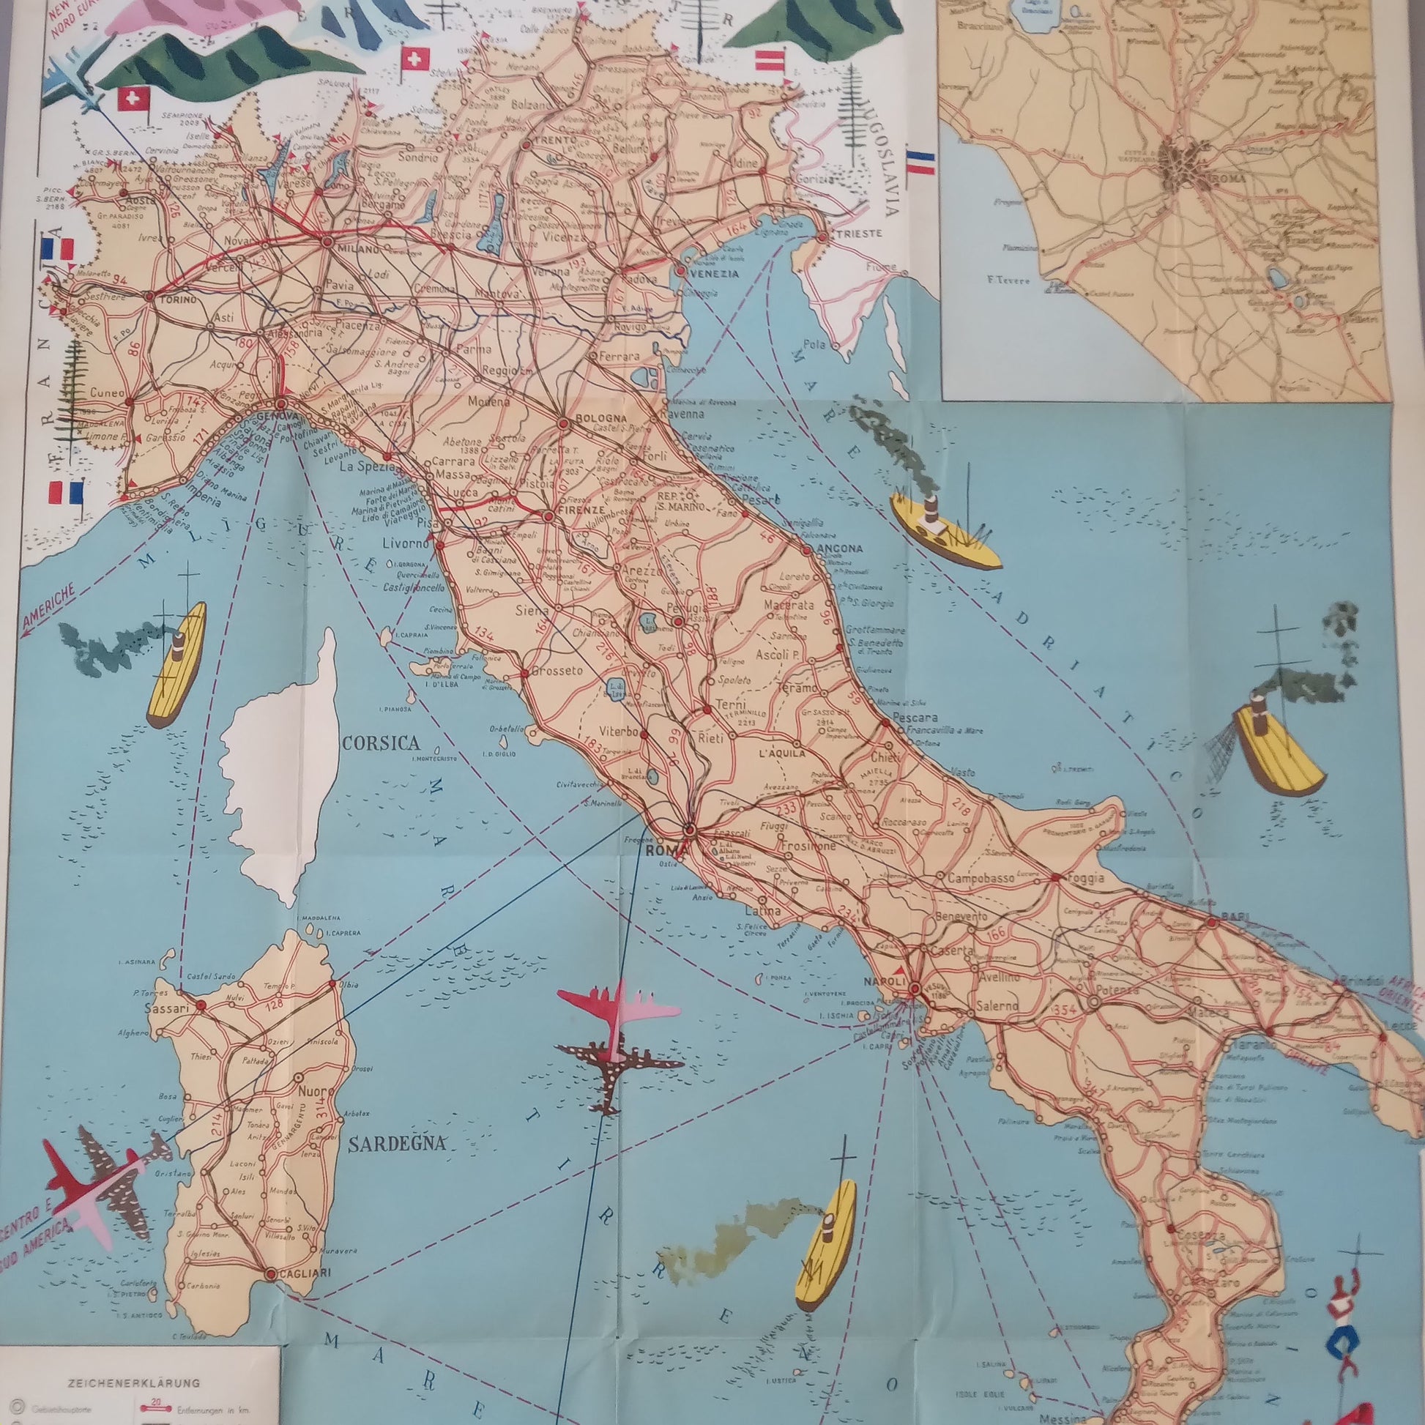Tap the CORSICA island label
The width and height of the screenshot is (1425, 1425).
click(x=381, y=742)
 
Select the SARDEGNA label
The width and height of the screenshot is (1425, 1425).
click(x=397, y=1144)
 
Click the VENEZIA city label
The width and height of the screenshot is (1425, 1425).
click(x=714, y=274)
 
